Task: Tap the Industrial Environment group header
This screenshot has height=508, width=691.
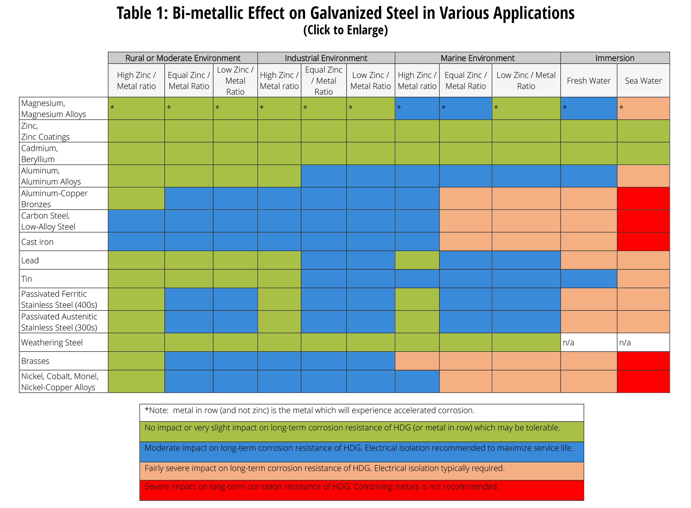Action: tap(326, 58)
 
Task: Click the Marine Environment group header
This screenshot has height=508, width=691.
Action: tap(477, 58)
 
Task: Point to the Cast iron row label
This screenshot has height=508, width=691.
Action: tap(37, 242)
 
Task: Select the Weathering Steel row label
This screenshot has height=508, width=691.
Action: tap(52, 342)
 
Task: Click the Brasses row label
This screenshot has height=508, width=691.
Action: tap(35, 361)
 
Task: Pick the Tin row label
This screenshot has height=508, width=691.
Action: tap(27, 278)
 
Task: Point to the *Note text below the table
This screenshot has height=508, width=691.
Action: tap(309, 410)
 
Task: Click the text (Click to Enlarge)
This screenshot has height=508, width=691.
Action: tap(345, 30)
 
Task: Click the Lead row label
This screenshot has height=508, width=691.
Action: tap(30, 260)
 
